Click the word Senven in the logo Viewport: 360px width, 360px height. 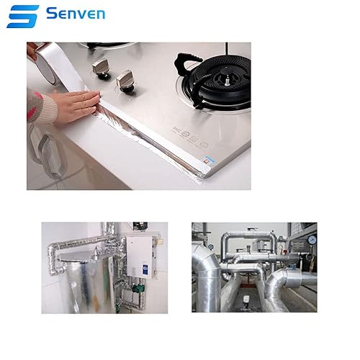point(76,14)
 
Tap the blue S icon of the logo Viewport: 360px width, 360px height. point(23,17)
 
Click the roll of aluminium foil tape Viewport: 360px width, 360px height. point(48,63)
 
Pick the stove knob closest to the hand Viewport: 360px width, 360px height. point(125,81)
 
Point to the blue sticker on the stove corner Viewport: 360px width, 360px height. point(208,160)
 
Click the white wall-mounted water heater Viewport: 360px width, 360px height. point(140,257)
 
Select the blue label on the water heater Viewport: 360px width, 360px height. point(146,268)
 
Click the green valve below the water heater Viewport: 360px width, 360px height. point(139,287)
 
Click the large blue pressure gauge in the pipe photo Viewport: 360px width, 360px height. point(312,240)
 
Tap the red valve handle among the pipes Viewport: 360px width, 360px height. point(286,251)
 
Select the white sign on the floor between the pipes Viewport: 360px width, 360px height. point(246,299)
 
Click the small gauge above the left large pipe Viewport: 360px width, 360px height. point(210,247)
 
